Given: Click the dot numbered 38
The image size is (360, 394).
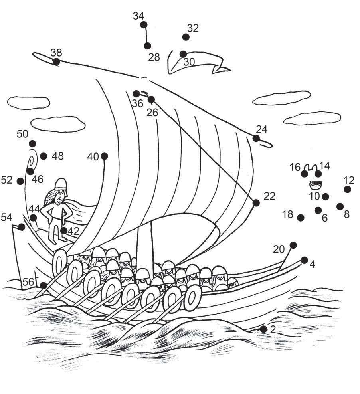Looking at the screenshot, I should pyautogui.click(x=56, y=61).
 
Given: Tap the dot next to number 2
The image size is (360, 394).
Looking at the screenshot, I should pyautogui.click(x=263, y=329).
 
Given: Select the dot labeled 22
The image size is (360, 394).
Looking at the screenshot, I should pyautogui.click(x=256, y=203).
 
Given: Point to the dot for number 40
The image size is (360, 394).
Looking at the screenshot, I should pyautogui.click(x=105, y=156).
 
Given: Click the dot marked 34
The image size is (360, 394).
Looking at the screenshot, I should pyautogui.click(x=144, y=25).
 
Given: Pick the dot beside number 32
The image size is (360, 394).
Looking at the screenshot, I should pyautogui.click(x=186, y=37).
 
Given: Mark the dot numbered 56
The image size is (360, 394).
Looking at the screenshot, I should pyautogui.click(x=44, y=285).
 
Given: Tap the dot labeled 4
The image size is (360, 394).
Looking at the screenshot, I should pyautogui.click(x=305, y=260).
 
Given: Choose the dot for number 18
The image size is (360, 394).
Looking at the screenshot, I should pyautogui.click(x=301, y=218).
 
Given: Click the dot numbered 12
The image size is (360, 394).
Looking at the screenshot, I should pyautogui.click(x=348, y=189).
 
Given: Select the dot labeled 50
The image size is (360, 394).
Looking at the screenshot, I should pyautogui.click(x=32, y=143).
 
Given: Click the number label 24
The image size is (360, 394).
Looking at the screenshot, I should pyautogui.click(x=262, y=129).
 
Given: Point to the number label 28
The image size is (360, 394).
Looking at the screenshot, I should pyautogui.click(x=154, y=57).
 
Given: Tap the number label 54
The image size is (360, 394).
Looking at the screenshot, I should pyautogui.click(x=7, y=217).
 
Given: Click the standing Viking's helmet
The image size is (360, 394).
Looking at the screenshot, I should pyautogui.click(x=60, y=183).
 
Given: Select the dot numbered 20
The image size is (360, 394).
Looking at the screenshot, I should pyautogui.click(x=293, y=245).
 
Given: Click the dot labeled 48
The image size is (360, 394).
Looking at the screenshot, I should pyautogui.click(x=44, y=156).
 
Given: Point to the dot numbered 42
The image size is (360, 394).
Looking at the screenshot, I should pyautogui.click(x=64, y=230).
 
